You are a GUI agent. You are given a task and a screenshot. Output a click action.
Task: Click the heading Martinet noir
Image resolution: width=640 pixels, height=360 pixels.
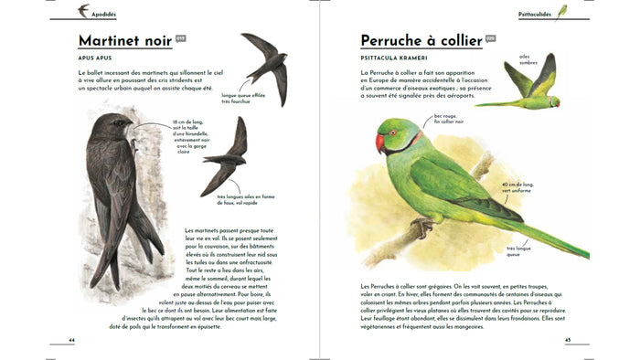[x=124, y=41]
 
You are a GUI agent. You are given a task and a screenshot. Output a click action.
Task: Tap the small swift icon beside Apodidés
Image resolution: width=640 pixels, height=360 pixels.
[x=83, y=11]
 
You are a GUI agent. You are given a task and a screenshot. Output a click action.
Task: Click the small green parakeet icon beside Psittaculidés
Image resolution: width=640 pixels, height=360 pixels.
[x=562, y=12]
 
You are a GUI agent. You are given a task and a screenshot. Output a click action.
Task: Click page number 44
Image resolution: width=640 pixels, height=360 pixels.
[x=71, y=340]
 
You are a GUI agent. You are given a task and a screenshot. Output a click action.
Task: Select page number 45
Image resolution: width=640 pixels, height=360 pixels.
[x=567, y=340]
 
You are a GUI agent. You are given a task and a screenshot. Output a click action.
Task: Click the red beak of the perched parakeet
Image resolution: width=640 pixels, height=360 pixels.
[x=380, y=143]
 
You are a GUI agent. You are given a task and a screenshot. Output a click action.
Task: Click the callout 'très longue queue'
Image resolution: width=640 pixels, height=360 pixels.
[x=520, y=251]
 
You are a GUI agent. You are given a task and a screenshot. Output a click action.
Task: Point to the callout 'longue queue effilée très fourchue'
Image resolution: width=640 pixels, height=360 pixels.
[x=243, y=98]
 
